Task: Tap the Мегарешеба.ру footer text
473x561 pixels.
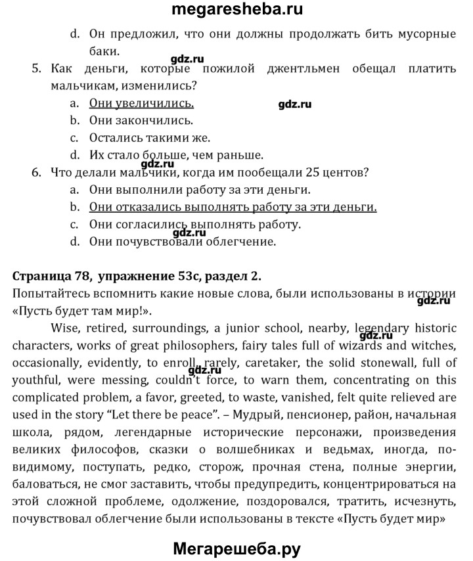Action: tap(237, 547)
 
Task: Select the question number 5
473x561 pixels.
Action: tap(37, 69)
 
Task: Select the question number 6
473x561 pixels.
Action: tap(37, 173)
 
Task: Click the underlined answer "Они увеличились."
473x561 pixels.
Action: tap(141, 103)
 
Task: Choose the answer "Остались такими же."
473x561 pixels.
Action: tap(150, 138)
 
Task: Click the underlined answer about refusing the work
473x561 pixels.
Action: tap(233, 208)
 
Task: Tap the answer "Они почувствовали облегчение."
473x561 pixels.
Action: tap(183, 242)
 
